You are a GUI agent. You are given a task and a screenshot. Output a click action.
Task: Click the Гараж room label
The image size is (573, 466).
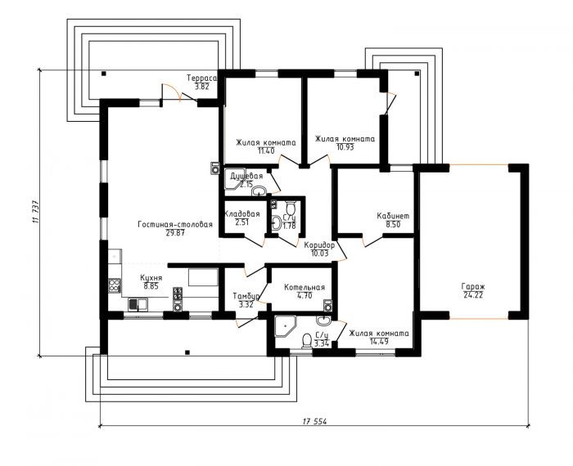coord(473,286)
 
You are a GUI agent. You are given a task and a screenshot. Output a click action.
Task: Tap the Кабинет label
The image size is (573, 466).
coord(393,216)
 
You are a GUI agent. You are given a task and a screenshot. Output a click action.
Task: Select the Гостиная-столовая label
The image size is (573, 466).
coord(175,225)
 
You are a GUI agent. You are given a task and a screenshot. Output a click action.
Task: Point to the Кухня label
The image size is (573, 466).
coord(151,278)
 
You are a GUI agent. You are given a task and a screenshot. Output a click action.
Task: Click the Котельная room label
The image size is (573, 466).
coord(305,288)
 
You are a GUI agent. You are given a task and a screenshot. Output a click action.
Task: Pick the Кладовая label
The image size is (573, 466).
coord(242,214)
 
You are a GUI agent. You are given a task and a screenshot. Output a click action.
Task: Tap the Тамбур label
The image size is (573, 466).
coord(246,296)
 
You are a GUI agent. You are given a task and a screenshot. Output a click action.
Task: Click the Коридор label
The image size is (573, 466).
coord(319,245)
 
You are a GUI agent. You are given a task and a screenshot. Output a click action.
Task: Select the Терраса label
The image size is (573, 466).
coord(201,78)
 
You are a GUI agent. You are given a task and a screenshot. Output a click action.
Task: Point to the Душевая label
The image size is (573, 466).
coord(246,177)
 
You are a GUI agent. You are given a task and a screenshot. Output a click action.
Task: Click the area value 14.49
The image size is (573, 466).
coord(379,342)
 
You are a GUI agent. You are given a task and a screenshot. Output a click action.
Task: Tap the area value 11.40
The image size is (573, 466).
coord(266,150)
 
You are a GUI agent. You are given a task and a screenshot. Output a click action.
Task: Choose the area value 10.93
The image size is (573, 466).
coord(345,147)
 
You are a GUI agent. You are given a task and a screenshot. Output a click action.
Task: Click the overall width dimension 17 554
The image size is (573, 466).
coord(314,422)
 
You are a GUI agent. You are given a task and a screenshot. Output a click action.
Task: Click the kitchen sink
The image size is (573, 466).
coord(138,304)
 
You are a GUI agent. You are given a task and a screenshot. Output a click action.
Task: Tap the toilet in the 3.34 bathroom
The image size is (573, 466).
coord(306,342)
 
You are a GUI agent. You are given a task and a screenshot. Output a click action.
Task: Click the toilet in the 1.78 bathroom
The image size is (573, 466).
coord(291,208)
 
